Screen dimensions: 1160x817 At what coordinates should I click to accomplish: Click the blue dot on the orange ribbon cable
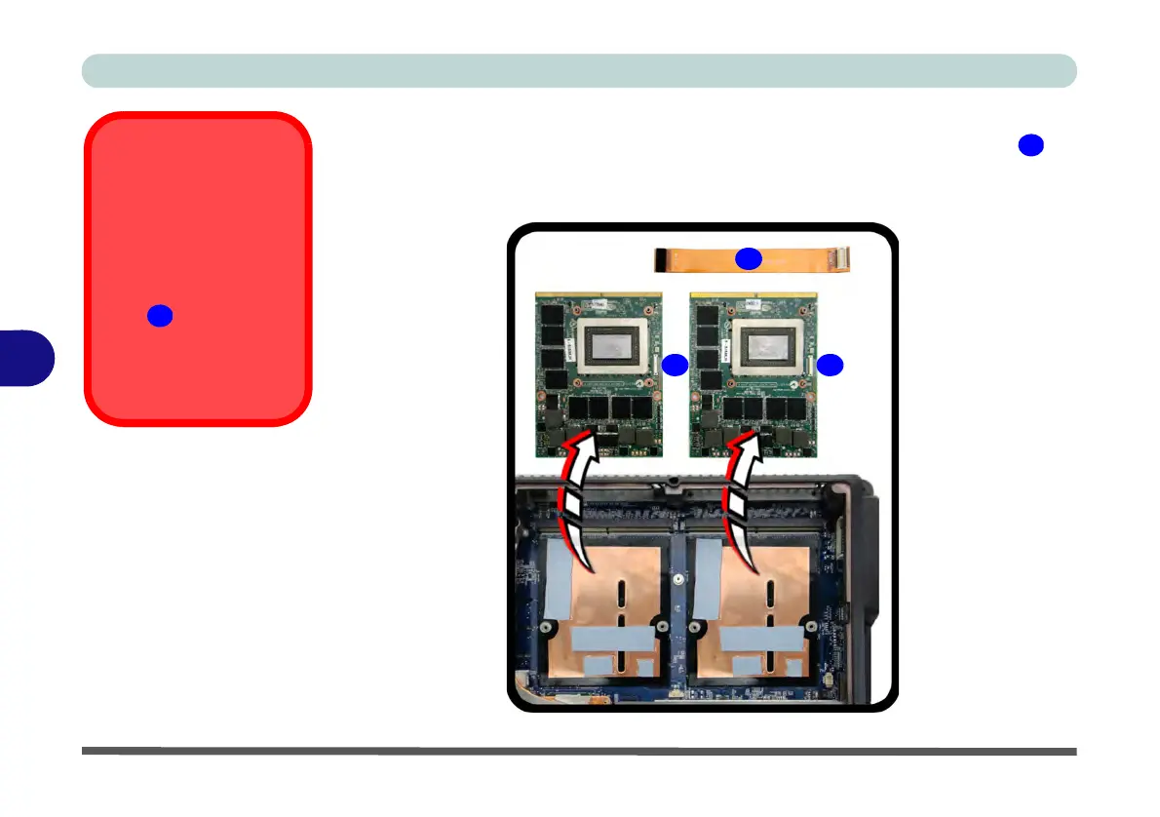[748, 258]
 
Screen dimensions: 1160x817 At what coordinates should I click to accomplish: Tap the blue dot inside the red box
[160, 316]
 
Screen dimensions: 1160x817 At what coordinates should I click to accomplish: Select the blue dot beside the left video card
[675, 365]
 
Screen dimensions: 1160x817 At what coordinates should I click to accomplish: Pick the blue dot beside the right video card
[830, 365]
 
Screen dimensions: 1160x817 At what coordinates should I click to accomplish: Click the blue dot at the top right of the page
[1030, 145]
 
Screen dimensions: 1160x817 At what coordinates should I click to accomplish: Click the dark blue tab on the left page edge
[27, 358]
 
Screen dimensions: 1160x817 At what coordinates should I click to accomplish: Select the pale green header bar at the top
[579, 71]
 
